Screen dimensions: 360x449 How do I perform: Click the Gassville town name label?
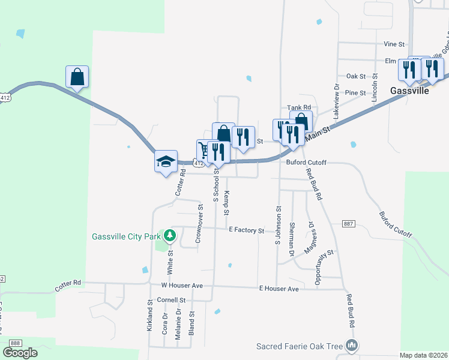410,91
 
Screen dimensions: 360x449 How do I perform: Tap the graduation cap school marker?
166,161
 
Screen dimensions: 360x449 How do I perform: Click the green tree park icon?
170,236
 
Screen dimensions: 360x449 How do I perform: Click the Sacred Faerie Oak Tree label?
300,346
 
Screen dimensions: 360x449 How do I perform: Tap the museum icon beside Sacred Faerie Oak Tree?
352,346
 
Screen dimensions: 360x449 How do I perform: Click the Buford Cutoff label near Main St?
306,163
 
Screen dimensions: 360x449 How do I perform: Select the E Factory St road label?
246,230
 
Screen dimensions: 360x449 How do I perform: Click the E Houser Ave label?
279,289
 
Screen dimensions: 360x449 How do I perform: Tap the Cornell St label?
172,299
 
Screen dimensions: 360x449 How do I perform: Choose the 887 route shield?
349,224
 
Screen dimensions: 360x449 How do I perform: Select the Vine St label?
394,44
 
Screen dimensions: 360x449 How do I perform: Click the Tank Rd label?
297,107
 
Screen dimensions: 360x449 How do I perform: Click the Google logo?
20,353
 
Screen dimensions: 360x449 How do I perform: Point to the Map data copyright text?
423,355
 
